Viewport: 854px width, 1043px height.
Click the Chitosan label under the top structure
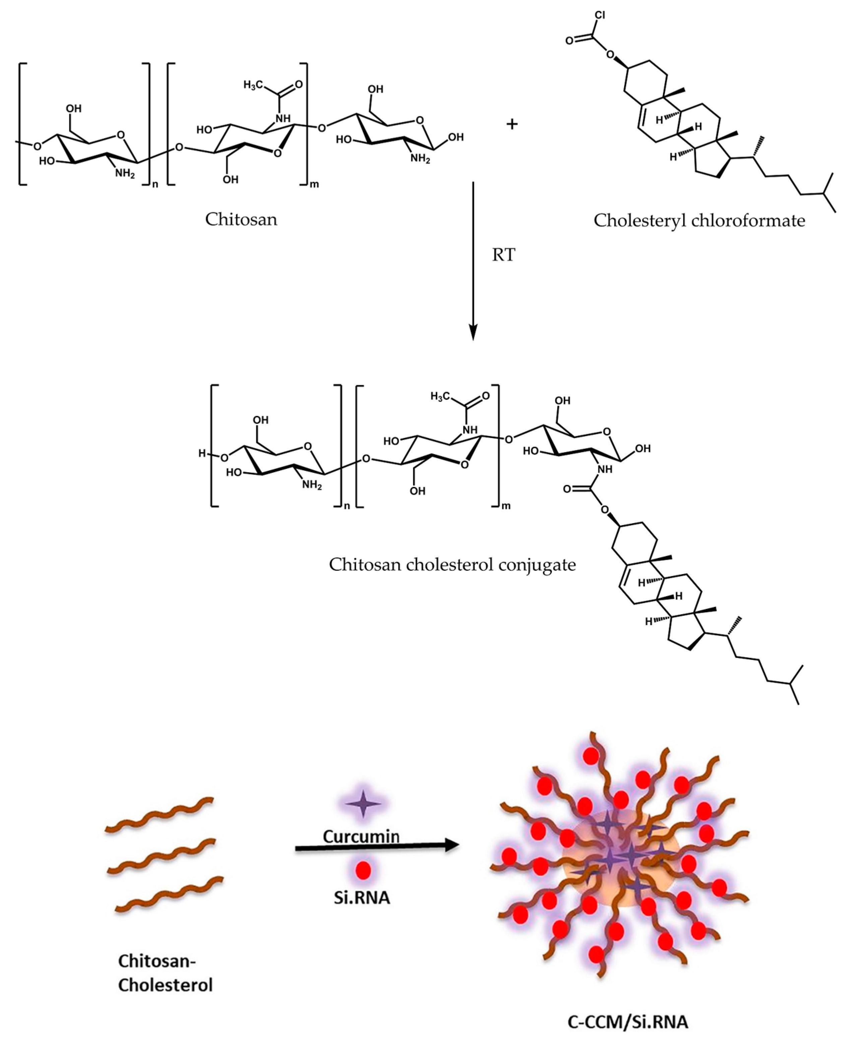(x=241, y=220)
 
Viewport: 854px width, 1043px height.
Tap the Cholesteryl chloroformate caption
(x=699, y=221)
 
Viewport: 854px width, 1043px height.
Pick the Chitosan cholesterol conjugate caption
(x=452, y=564)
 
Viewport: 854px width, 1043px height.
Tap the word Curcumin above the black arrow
(x=361, y=836)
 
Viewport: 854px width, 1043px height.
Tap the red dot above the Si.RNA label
(x=363, y=870)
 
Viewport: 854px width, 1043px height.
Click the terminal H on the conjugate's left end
(x=202, y=453)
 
